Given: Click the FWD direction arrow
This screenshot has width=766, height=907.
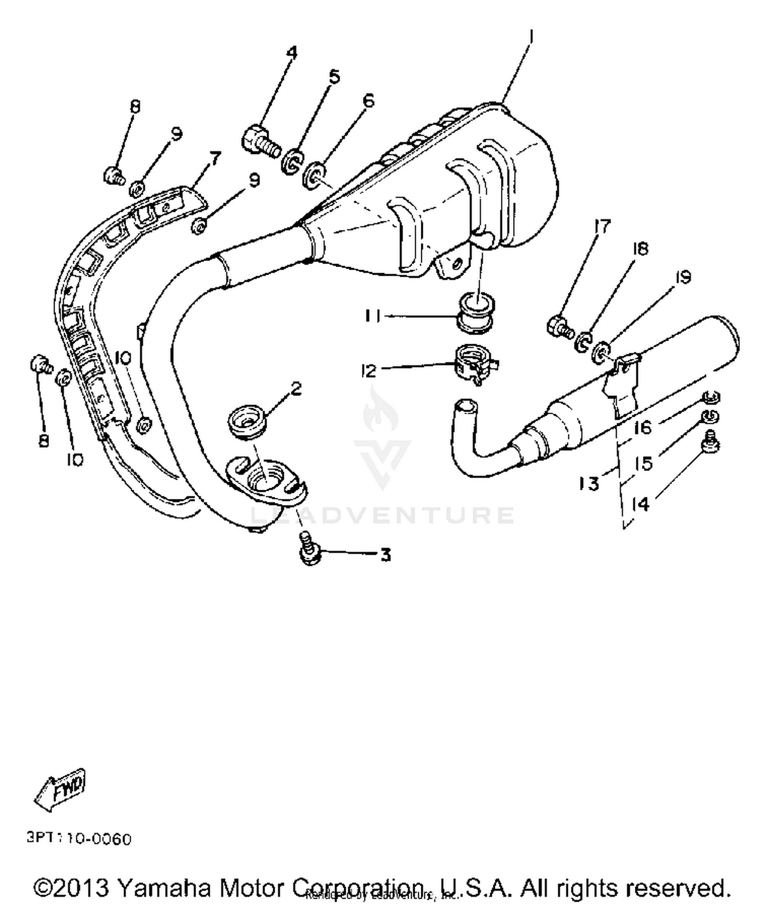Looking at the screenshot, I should [x=60, y=790].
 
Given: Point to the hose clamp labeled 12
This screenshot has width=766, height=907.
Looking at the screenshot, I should [x=474, y=364].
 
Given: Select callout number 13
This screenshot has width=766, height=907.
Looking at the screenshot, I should [x=589, y=482].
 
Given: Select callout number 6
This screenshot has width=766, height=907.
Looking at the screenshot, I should [x=369, y=100].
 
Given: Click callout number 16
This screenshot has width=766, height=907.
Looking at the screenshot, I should [x=643, y=427].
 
